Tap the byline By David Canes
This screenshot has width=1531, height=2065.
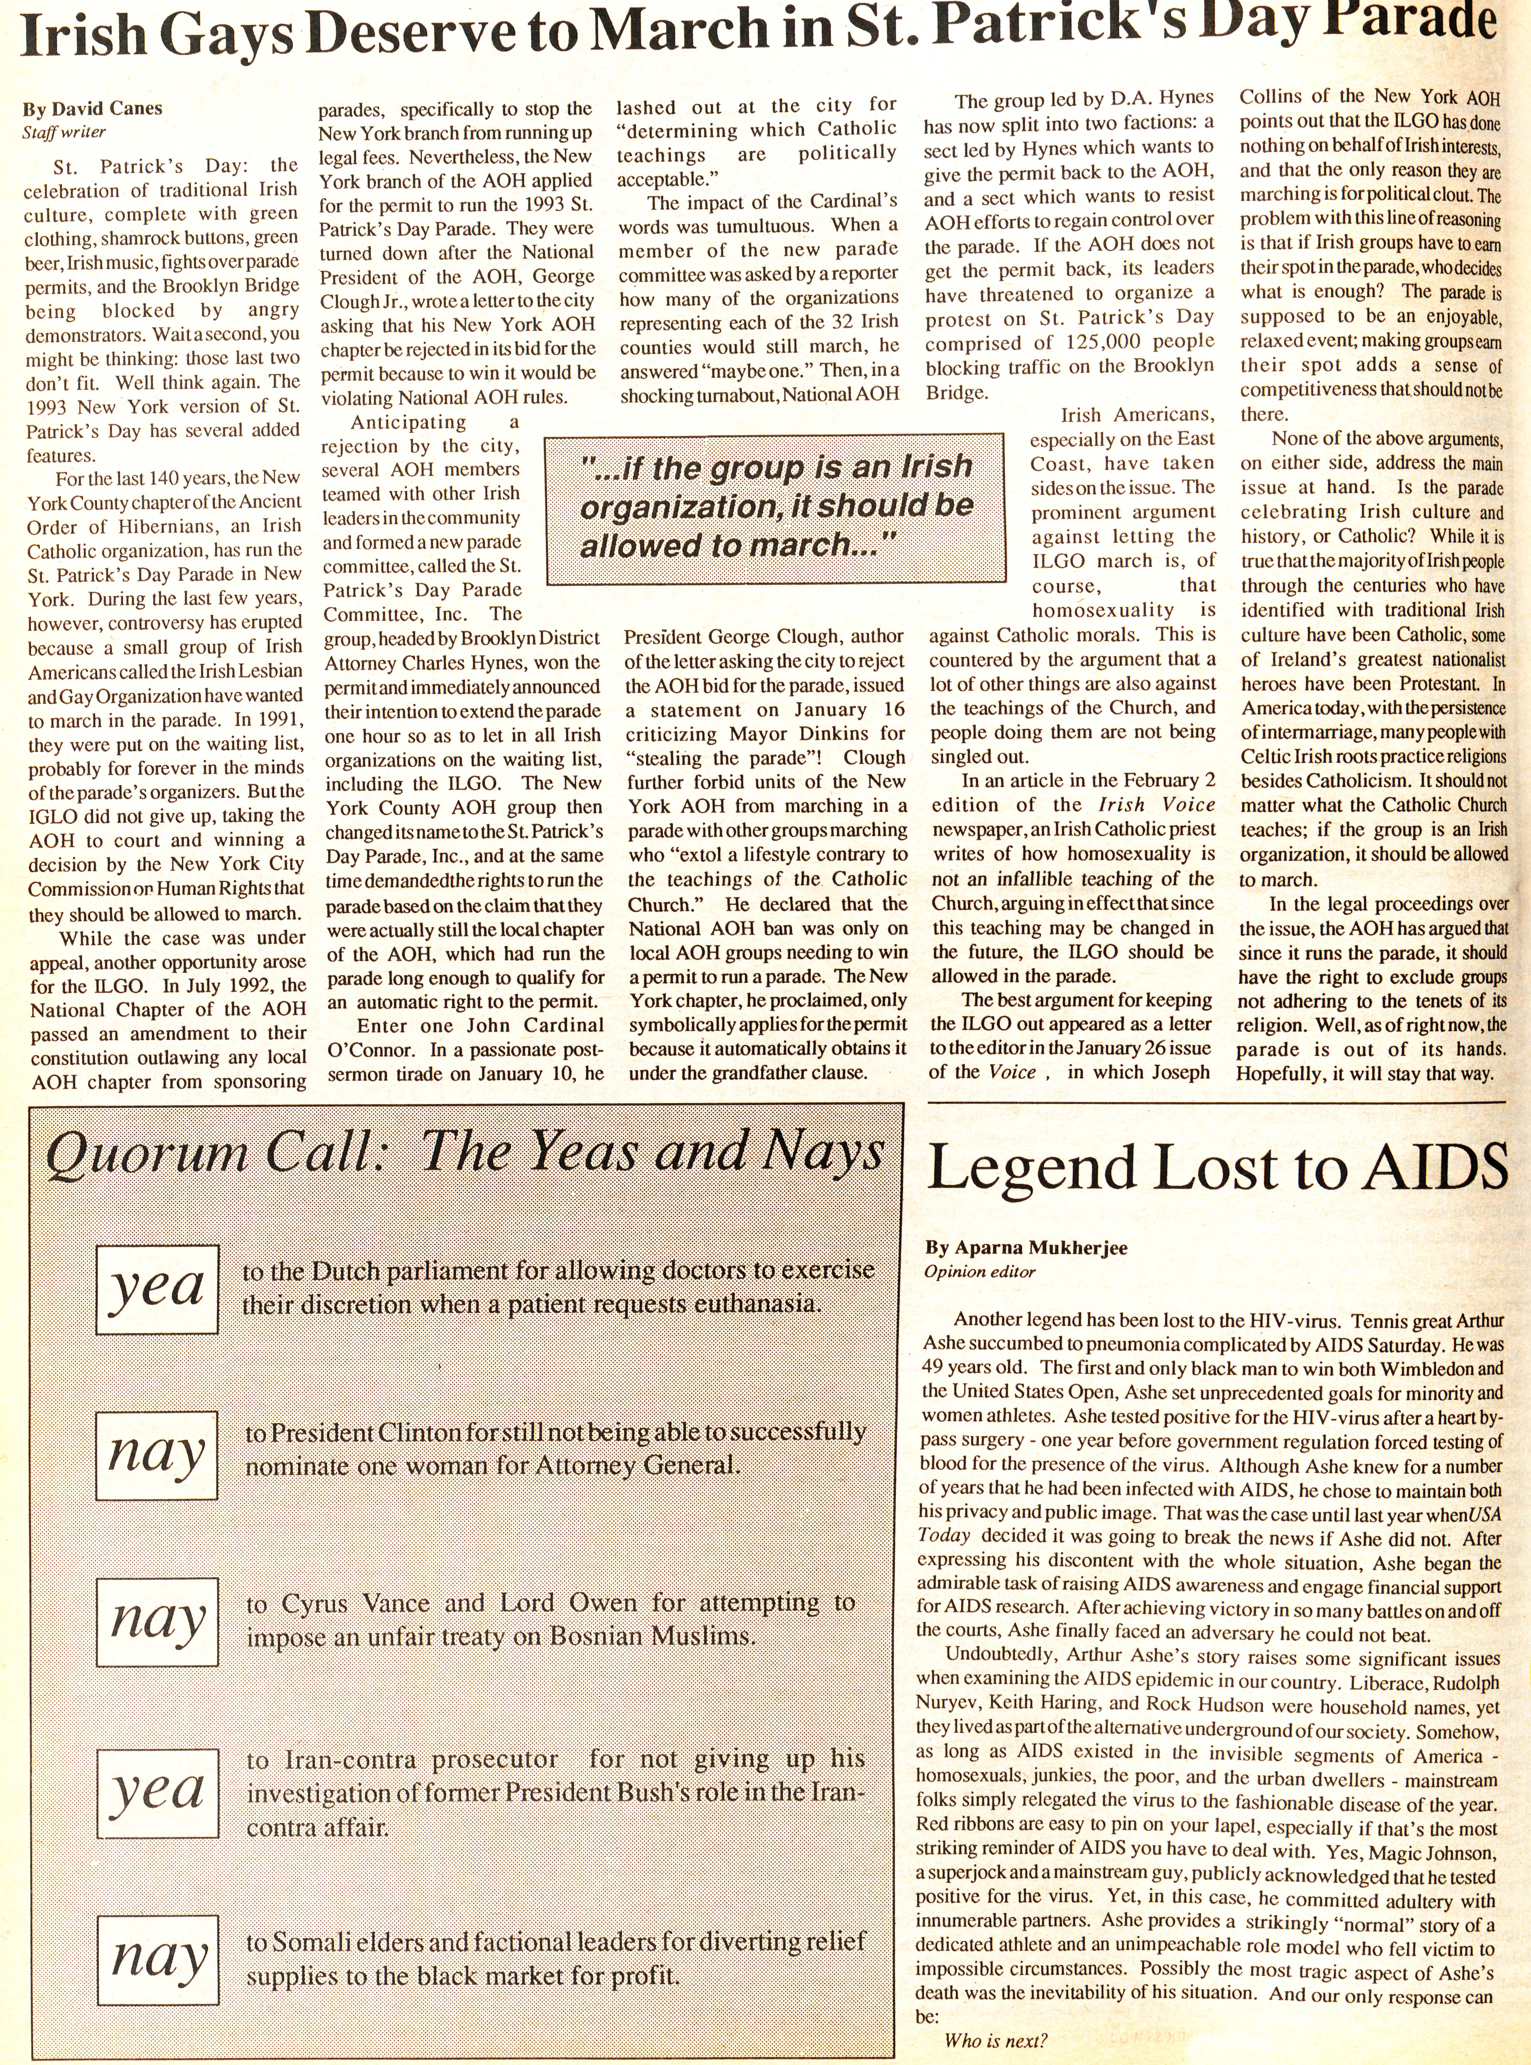[x=93, y=108]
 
